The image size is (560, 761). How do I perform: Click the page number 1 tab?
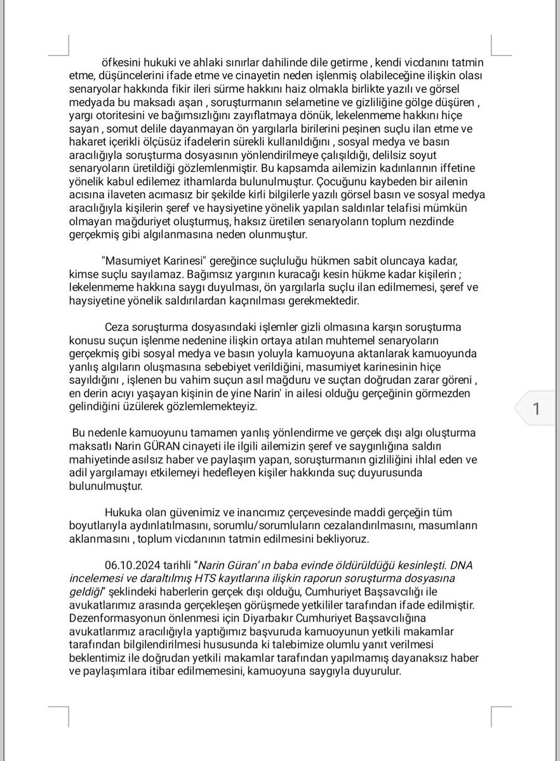(x=536, y=410)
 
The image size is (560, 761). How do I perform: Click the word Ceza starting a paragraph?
(x=119, y=328)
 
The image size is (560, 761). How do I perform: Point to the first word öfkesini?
(x=124, y=62)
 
